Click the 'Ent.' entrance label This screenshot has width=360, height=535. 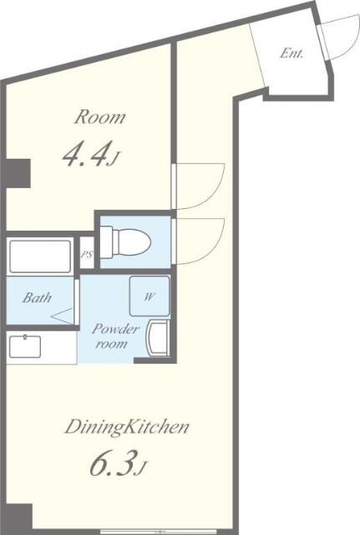pyautogui.click(x=292, y=53)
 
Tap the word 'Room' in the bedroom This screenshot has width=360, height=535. pyautogui.click(x=100, y=117)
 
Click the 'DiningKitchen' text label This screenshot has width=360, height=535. pyautogui.click(x=127, y=427)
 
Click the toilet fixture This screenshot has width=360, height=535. pyautogui.click(x=125, y=242)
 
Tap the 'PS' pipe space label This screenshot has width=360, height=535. pyautogui.click(x=87, y=254)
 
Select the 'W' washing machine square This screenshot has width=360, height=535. pyautogui.click(x=150, y=296)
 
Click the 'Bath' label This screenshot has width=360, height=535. pyautogui.click(x=37, y=298)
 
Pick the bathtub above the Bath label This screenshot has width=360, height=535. pyautogui.click(x=40, y=257)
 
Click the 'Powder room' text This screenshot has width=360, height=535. pyautogui.click(x=115, y=336)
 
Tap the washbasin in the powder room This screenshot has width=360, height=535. pyautogui.click(x=158, y=339)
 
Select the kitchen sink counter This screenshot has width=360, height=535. pyautogui.click(x=42, y=347)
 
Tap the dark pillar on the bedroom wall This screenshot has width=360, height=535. pyautogui.click(x=18, y=173)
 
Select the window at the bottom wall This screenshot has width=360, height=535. pyautogui.click(x=158, y=532)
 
